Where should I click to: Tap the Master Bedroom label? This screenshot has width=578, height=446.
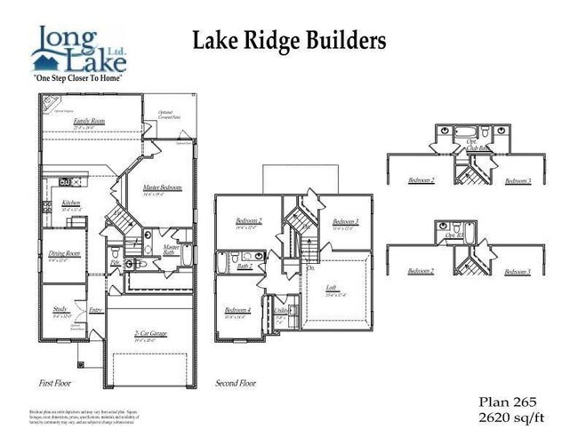click(x=162, y=187)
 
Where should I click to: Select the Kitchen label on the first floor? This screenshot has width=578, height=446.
click(x=71, y=203)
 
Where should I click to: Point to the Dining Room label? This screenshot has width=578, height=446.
click(x=64, y=254)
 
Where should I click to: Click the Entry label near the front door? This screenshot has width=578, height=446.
click(x=95, y=309)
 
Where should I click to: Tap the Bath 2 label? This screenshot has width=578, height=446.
click(x=245, y=266)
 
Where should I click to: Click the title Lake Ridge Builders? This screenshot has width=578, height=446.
click(x=289, y=41)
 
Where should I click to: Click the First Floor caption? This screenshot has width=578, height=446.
click(x=57, y=383)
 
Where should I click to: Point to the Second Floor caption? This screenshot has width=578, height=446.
click(x=236, y=383)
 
